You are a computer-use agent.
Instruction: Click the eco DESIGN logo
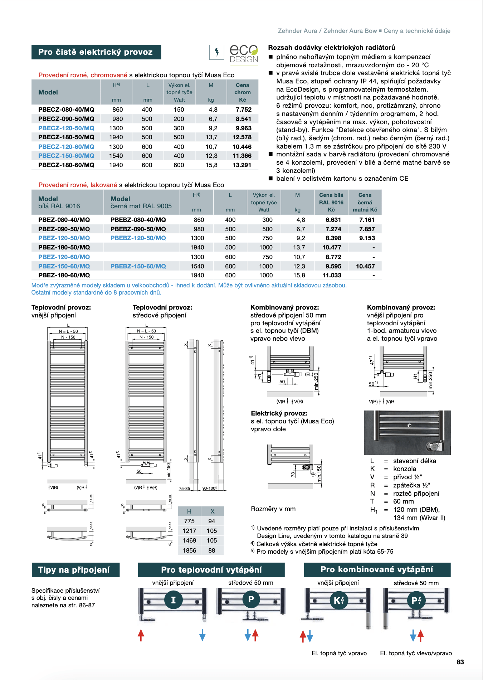244,54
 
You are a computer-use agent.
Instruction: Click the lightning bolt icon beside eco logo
217,52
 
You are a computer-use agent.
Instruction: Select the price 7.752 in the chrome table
243,110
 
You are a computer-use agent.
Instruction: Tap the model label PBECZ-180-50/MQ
66,137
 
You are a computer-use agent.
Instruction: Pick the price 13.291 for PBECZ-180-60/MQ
242,165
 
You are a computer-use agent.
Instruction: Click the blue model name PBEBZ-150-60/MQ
138,266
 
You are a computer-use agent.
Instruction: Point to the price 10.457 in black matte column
365,266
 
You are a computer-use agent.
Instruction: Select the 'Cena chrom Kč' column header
242,92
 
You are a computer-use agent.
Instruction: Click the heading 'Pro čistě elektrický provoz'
96,52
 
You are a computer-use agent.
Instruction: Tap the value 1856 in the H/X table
189,550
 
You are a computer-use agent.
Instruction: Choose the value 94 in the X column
212,521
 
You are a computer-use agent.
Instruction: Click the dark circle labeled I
174,600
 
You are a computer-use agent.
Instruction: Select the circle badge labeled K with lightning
338,600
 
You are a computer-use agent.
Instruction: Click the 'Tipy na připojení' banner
75,570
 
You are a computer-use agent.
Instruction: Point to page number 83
460,662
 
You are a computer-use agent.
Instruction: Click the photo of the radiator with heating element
407,432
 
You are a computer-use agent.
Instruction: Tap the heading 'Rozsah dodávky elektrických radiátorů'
332,48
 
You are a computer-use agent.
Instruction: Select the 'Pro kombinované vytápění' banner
377,569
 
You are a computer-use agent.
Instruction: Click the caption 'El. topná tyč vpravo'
339,653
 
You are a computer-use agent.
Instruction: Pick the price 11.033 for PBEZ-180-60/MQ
332,275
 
